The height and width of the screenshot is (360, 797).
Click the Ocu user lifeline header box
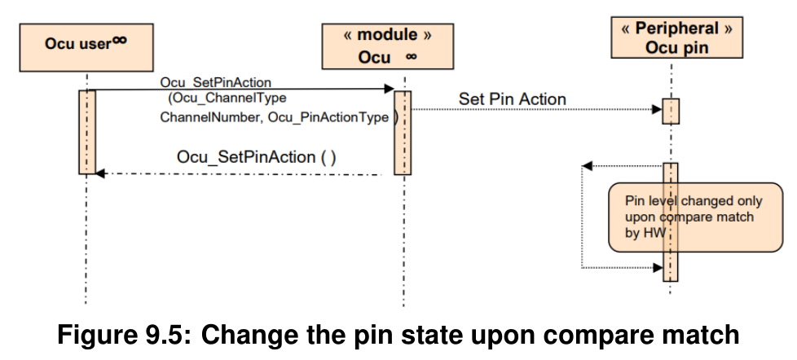(86, 47)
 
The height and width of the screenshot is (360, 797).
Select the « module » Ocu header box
(387, 46)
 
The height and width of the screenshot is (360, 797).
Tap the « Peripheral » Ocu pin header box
(676, 37)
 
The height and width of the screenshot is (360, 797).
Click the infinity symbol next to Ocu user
(120, 40)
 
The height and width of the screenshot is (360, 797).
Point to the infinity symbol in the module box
(412, 56)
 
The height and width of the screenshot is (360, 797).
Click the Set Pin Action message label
(513, 99)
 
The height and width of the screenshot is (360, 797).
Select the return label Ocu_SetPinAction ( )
(256, 157)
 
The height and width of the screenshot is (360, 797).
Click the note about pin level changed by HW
(695, 217)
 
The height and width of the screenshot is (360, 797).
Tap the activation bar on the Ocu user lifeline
(87, 132)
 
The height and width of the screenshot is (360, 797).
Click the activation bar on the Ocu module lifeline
(403, 133)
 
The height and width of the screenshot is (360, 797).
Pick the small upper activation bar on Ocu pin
(671, 112)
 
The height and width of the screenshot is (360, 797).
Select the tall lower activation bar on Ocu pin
(671, 222)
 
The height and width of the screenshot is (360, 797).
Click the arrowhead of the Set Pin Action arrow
(657, 109)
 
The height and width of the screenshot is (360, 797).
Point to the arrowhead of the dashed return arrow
(100, 173)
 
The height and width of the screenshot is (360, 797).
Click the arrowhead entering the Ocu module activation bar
(390, 89)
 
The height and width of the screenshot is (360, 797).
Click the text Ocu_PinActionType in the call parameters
(328, 118)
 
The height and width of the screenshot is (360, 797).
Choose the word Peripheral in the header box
(677, 29)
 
